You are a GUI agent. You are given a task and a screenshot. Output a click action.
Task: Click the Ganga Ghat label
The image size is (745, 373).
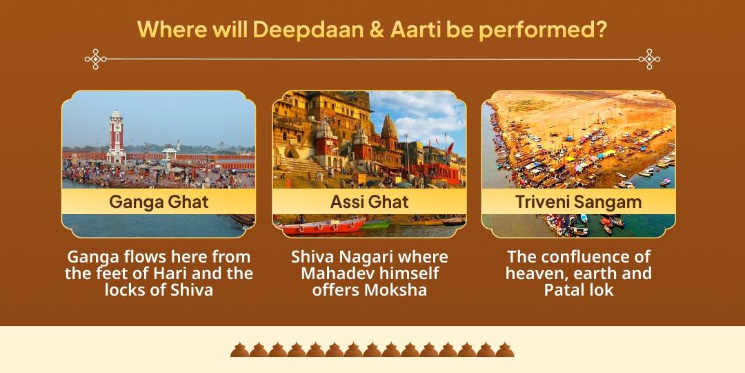point(159,202)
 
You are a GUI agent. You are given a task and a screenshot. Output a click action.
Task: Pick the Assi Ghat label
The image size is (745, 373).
point(369,202)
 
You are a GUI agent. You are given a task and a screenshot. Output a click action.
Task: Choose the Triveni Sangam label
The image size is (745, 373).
point(578,202)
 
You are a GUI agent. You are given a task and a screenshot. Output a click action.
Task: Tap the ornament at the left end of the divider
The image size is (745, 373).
point(95,59)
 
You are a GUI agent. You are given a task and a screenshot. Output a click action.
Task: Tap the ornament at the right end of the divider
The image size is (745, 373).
point(649,59)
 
